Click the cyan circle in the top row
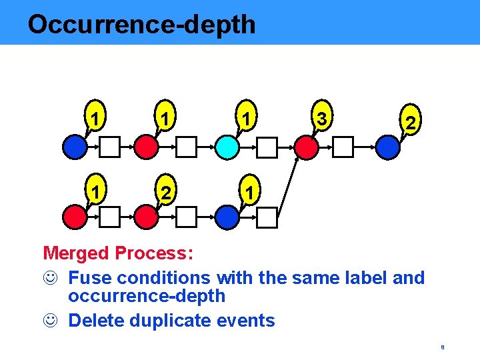227,147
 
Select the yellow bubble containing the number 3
322,119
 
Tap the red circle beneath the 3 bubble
306,147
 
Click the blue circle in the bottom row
227,217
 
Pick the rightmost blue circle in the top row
387,147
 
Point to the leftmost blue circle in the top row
75,147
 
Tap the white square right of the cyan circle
267,147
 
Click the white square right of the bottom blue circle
267,217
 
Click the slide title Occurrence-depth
141,25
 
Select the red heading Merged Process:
118,253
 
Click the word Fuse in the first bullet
87,277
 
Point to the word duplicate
179,321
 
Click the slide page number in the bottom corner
442,347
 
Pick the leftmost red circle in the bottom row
75,217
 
